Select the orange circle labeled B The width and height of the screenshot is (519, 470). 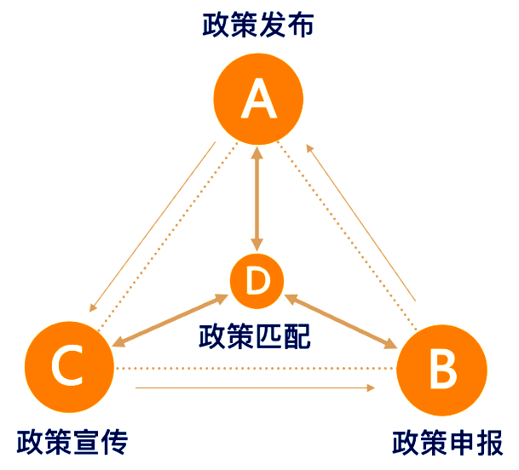point(442,369)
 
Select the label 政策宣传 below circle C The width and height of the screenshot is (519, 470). point(72,443)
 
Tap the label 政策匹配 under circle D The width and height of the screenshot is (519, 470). point(255,335)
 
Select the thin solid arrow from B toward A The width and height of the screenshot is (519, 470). point(361,224)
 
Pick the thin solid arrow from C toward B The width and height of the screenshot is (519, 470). point(256,388)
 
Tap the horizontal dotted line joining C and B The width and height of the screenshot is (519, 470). point(256,369)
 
